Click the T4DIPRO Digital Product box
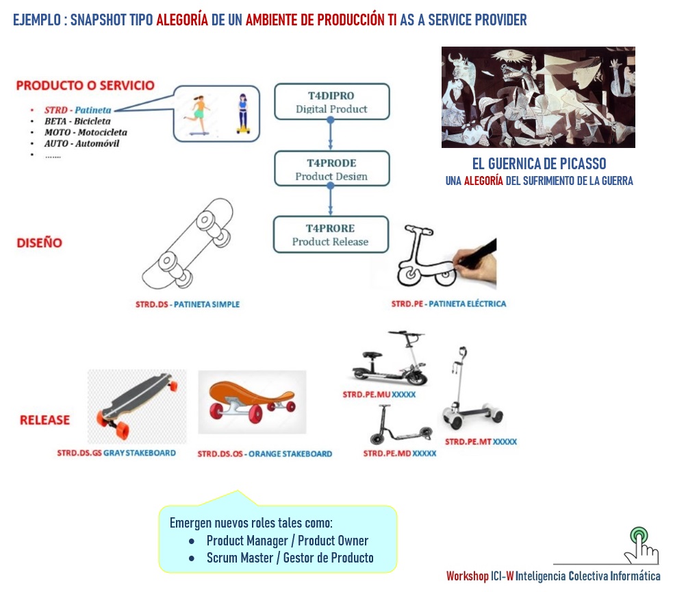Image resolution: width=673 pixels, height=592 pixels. pyautogui.click(x=331, y=101)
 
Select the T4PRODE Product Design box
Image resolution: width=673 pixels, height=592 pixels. pyautogui.click(x=331, y=169)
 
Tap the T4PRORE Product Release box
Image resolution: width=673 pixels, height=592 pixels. pyautogui.click(x=331, y=234)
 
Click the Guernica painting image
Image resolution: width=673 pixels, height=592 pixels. pyautogui.click(x=538, y=97)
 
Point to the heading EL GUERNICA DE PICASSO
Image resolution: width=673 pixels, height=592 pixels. pyautogui.click(x=539, y=164)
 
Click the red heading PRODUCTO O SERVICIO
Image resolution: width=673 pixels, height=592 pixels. pyautogui.click(x=85, y=86)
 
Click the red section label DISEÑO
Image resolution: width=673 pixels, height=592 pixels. pyautogui.click(x=40, y=243)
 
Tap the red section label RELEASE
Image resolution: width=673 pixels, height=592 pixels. pyautogui.click(x=45, y=419)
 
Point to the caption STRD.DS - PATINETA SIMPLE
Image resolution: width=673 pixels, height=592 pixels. pyautogui.click(x=187, y=304)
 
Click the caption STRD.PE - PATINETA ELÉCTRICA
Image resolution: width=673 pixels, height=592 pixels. pyautogui.click(x=448, y=303)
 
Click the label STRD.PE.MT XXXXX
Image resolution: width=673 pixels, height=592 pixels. pyautogui.click(x=481, y=442)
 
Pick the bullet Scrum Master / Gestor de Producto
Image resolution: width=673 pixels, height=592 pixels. pyautogui.click(x=290, y=558)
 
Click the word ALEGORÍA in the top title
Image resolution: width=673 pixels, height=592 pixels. pyautogui.click(x=182, y=20)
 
